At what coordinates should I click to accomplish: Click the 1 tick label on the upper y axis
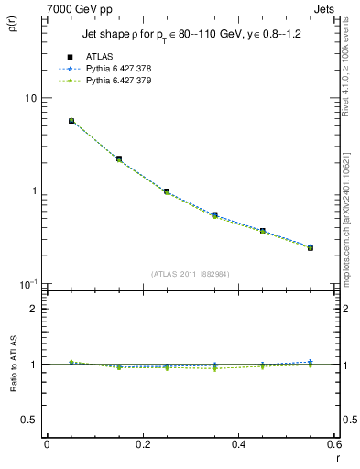click(33, 191)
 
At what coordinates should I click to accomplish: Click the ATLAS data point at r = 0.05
click(71, 120)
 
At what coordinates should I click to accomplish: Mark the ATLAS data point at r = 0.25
click(167, 191)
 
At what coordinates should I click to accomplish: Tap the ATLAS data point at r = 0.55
click(311, 247)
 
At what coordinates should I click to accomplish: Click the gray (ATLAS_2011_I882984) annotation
click(191, 273)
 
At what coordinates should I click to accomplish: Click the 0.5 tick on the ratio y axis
click(29, 420)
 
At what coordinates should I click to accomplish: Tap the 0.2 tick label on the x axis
click(143, 443)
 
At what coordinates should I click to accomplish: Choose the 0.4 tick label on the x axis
click(239, 443)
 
